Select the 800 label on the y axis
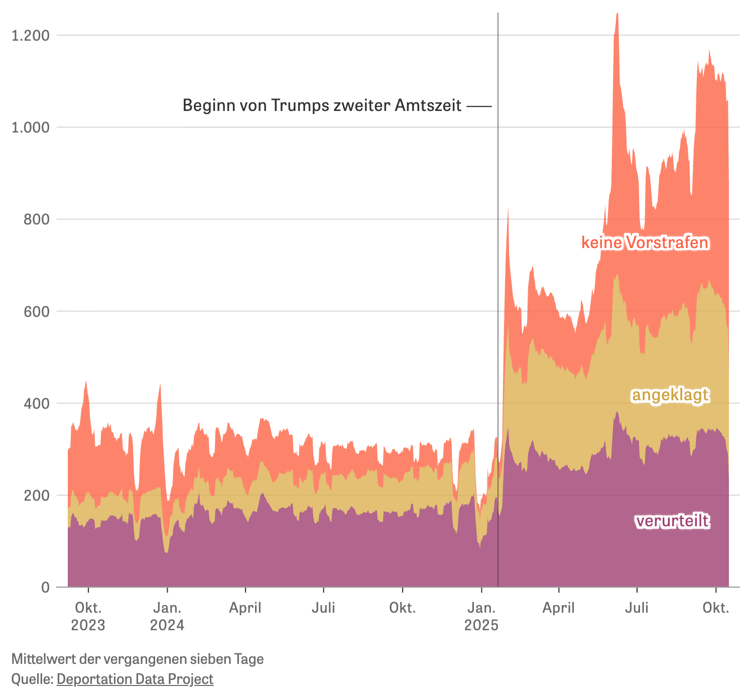(x=36, y=219)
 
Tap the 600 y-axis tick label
(x=36, y=311)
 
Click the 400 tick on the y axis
(x=36, y=403)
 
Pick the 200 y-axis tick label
(x=36, y=495)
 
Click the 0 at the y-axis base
(x=45, y=587)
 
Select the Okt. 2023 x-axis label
(x=88, y=617)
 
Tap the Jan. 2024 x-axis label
(x=167, y=617)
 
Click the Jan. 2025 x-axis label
(x=481, y=617)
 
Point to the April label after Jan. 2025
(x=558, y=608)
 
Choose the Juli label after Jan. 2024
(x=324, y=608)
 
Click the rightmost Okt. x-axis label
(x=715, y=608)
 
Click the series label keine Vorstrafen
(x=645, y=243)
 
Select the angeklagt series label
(x=670, y=395)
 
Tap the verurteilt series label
(x=672, y=522)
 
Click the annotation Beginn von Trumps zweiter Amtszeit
(x=322, y=105)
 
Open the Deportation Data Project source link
(x=135, y=679)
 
